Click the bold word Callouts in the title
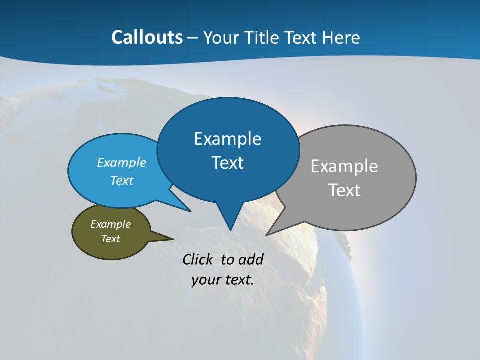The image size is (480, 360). click(x=147, y=37)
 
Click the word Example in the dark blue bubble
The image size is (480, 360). click(x=227, y=139)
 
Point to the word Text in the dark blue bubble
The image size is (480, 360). click(x=227, y=163)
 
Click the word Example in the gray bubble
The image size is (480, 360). click(x=344, y=166)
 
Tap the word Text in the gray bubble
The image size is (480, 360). click(x=344, y=190)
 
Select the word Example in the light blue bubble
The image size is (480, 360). click(x=122, y=162)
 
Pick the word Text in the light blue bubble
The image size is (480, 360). click(x=122, y=180)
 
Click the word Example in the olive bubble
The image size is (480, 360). click(x=110, y=224)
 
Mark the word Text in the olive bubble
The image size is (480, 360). click(x=110, y=239)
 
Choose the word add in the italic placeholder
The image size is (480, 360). click(x=250, y=259)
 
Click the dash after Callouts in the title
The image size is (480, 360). click(x=193, y=38)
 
